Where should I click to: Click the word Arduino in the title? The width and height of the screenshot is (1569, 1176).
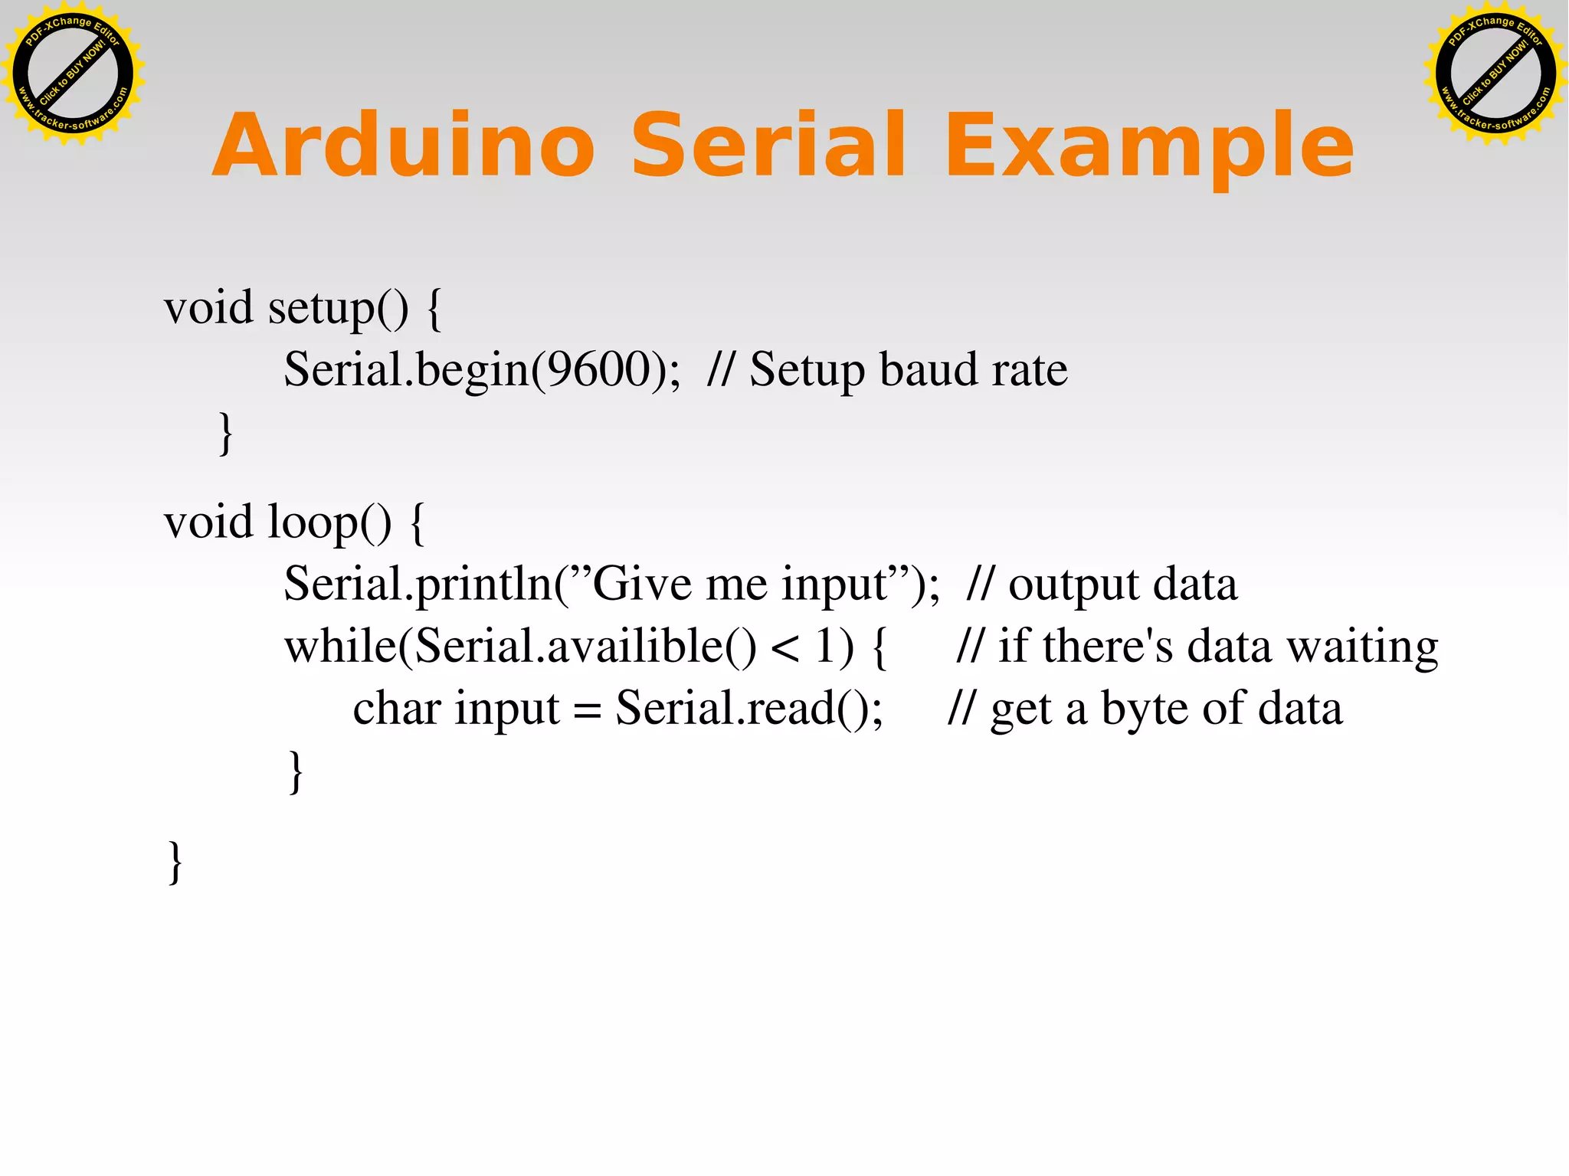coord(404,146)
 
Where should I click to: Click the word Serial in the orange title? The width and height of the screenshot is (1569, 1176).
coord(768,146)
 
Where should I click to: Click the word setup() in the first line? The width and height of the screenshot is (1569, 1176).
coord(338,309)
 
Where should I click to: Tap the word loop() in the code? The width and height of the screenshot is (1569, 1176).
coord(329,523)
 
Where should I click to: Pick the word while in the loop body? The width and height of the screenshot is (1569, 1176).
coord(340,646)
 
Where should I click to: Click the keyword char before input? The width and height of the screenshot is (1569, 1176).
coord(396,708)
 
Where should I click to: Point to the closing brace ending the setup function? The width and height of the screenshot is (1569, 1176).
coord(225,434)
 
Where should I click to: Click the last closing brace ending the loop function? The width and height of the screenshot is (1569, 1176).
coord(175,863)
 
